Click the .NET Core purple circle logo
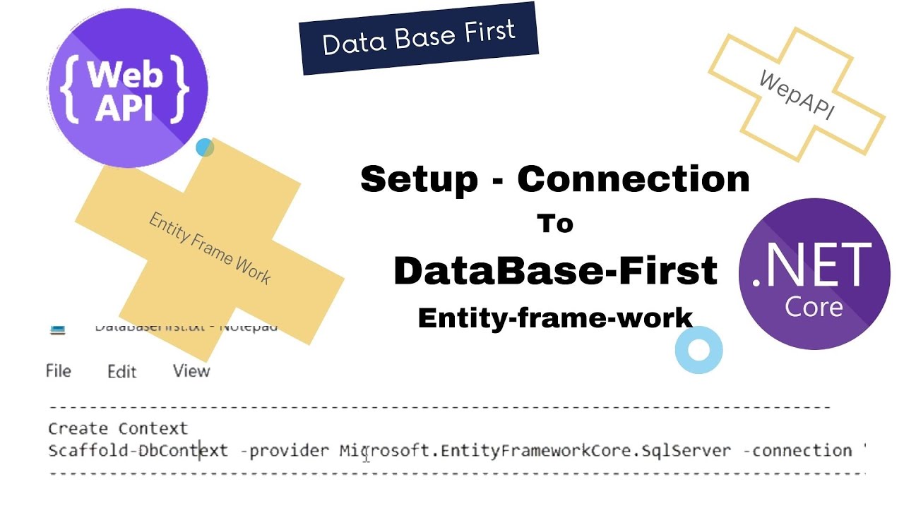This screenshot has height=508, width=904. pyautogui.click(x=814, y=274)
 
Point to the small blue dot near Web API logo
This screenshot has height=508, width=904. pyautogui.click(x=205, y=147)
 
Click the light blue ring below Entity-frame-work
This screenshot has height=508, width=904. pyautogui.click(x=698, y=350)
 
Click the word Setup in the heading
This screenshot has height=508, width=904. pyautogui.click(x=419, y=179)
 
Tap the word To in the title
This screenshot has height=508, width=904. pyautogui.click(x=555, y=224)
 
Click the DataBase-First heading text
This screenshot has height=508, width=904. pyautogui.click(x=555, y=271)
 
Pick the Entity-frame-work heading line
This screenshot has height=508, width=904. pyautogui.click(x=555, y=317)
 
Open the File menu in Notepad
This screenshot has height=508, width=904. pyautogui.click(x=58, y=370)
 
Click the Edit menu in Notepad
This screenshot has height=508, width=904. pyautogui.click(x=121, y=371)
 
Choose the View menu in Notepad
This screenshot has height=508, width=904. pyautogui.click(x=191, y=370)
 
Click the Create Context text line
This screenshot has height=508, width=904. pyautogui.click(x=118, y=428)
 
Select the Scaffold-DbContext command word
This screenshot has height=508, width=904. pyautogui.click(x=138, y=450)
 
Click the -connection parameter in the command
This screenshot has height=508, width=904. pyautogui.click(x=797, y=450)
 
